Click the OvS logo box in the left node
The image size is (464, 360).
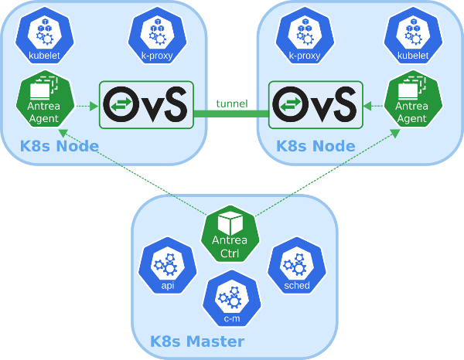tap(146, 104)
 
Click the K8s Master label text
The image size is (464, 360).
tap(197, 341)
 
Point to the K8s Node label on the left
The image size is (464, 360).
tap(60, 146)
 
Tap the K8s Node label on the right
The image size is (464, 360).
tap(316, 146)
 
